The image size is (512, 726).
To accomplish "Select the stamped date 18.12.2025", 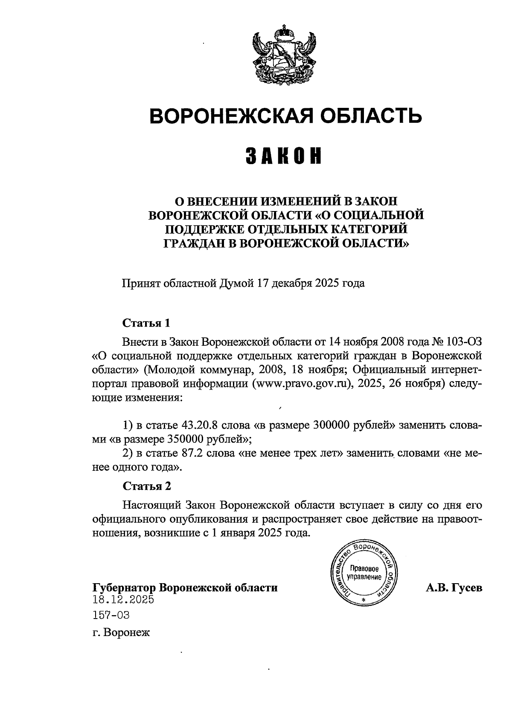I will click(x=123, y=599).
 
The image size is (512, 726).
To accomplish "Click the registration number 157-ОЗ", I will click(x=111, y=615).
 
